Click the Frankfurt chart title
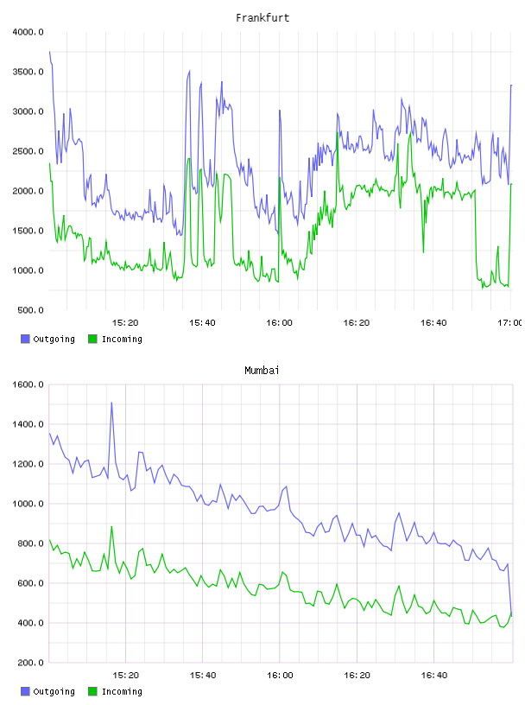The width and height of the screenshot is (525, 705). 262,18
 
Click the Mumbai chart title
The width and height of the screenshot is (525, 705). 262,371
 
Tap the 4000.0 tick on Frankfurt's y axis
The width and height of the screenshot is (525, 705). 28,32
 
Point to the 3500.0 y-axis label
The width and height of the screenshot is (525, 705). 28,72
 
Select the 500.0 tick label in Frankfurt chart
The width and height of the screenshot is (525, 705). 30,310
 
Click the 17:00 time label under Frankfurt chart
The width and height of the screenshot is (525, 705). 510,323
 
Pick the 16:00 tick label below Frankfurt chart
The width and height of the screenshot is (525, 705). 279,323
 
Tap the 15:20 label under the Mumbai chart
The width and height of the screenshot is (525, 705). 125,676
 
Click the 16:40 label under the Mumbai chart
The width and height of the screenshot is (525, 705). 433,676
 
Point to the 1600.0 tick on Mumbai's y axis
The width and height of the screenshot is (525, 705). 28,384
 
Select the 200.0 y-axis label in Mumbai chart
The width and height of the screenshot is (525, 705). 30,663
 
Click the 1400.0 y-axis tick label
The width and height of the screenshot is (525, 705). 28,424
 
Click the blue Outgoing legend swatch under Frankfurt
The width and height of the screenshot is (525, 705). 25,339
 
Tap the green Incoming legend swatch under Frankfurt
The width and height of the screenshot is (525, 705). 92,339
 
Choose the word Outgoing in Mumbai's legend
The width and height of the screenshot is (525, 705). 54,691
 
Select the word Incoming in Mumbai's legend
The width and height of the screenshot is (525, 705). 122,691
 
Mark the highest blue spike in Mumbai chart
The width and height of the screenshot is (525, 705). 111,403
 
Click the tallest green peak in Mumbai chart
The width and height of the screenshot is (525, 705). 111,526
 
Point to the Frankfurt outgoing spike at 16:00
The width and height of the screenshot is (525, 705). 280,111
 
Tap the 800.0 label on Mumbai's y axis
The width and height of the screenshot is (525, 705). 30,543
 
